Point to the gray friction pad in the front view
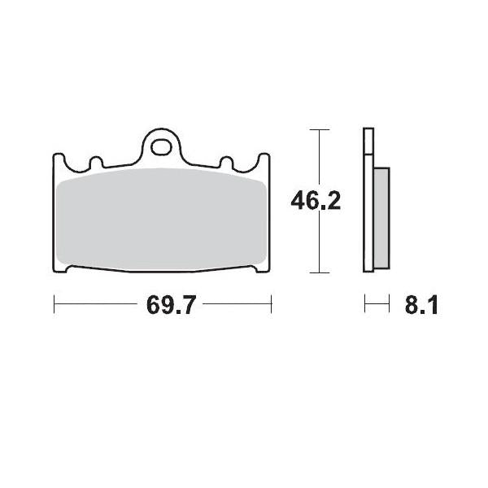(162, 220)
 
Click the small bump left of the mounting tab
(95, 163)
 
